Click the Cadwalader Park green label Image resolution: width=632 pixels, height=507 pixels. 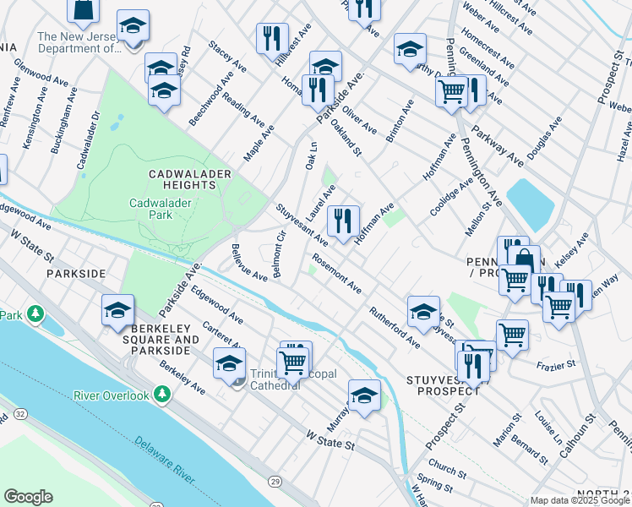[162, 209]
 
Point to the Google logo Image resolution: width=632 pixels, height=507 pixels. [28, 497]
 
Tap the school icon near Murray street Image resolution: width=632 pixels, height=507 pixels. [364, 395]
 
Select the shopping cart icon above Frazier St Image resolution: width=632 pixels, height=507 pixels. [512, 335]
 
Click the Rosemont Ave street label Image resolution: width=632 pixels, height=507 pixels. [336, 274]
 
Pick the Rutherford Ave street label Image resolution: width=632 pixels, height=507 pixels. [394, 326]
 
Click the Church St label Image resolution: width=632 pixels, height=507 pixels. [446, 468]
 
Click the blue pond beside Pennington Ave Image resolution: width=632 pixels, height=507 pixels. [530, 203]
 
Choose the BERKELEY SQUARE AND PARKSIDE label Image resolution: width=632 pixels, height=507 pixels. [159, 345]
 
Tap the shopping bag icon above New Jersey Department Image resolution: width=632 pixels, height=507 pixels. [83, 9]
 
